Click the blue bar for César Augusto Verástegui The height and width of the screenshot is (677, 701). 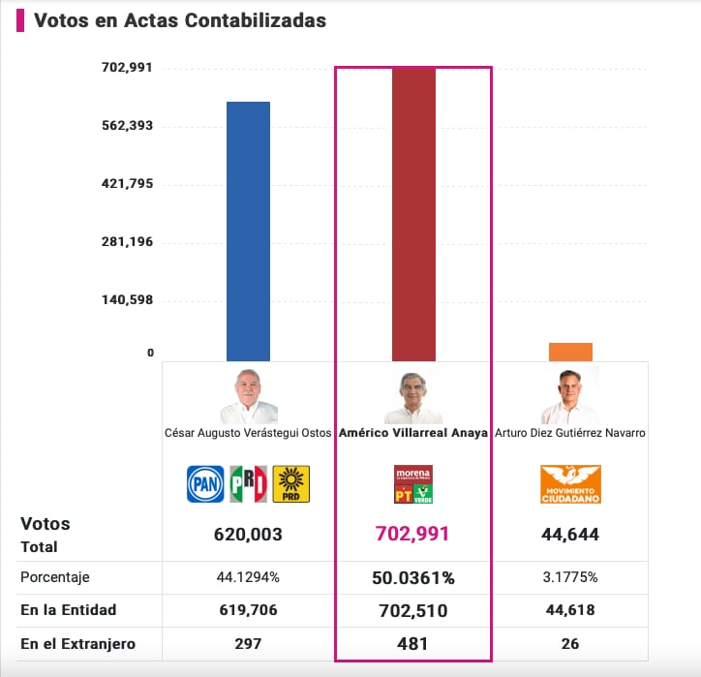pyautogui.click(x=248, y=231)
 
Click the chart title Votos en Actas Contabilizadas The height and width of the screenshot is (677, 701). pyautogui.click(x=180, y=20)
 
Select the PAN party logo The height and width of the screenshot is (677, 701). pyautogui.click(x=205, y=484)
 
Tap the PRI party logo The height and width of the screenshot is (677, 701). pyautogui.click(x=248, y=484)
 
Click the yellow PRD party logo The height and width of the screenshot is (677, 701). pyautogui.click(x=290, y=484)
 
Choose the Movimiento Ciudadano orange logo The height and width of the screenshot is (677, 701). pyautogui.click(x=570, y=484)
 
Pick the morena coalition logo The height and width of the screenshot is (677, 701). pyautogui.click(x=412, y=484)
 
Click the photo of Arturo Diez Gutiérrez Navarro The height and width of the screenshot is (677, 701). pyautogui.click(x=570, y=395)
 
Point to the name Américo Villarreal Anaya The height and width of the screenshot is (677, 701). pyautogui.click(x=412, y=434)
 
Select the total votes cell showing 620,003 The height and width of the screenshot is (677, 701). pyautogui.click(x=248, y=534)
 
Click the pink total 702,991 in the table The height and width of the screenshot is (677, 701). pyautogui.click(x=413, y=534)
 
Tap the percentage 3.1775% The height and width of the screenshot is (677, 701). pyautogui.click(x=570, y=577)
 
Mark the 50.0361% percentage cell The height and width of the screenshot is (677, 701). pyautogui.click(x=413, y=578)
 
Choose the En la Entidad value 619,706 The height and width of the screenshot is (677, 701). pyautogui.click(x=248, y=610)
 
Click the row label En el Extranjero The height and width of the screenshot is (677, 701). pyautogui.click(x=78, y=644)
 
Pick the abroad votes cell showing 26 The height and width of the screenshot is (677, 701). pyautogui.click(x=570, y=644)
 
